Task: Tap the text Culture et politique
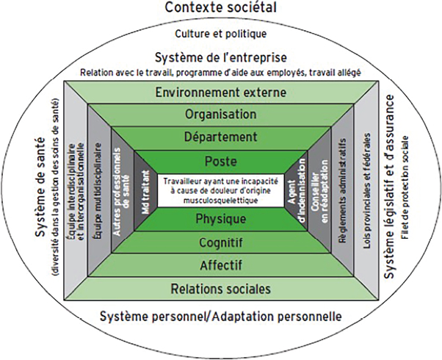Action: pyautogui.click(x=221, y=34)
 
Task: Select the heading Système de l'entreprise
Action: pyautogui.click(x=221, y=57)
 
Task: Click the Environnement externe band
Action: pyautogui.click(x=221, y=93)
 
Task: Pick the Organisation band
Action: pyautogui.click(x=221, y=115)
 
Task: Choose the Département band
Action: pyautogui.click(x=221, y=138)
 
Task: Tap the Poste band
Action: pyautogui.click(x=221, y=160)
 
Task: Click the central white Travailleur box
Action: pyautogui.click(x=221, y=189)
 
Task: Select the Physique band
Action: pyautogui.click(x=221, y=218)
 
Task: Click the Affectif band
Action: pyautogui.click(x=221, y=264)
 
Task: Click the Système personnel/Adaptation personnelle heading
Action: pyautogui.click(x=221, y=317)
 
